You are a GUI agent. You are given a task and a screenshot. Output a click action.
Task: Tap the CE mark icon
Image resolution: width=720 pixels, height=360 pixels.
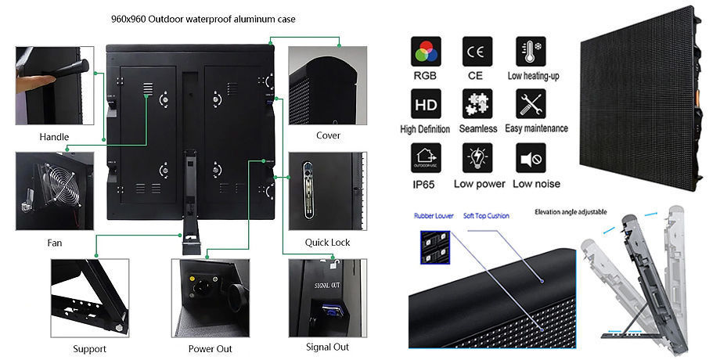476,52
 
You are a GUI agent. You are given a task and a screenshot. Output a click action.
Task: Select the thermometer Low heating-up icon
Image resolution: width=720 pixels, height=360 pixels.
530,52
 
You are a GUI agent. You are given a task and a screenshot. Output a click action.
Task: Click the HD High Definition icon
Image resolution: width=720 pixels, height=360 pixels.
425,103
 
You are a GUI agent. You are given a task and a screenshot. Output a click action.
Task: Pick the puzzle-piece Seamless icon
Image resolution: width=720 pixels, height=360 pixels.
477,103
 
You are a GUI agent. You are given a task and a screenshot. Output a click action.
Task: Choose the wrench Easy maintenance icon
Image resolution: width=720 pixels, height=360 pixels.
531,103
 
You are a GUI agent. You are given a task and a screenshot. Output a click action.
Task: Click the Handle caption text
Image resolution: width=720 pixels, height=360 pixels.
54,137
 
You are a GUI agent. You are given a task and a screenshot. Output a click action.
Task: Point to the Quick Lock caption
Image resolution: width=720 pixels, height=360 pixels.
327,243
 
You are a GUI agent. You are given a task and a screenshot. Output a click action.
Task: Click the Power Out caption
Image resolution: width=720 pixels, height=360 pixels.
210,348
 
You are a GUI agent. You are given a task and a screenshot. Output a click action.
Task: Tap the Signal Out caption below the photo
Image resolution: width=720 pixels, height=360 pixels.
327,347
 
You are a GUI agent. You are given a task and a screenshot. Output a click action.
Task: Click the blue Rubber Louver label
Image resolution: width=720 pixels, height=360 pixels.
433,214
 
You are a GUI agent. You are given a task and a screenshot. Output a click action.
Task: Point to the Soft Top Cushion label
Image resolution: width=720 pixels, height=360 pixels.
487,214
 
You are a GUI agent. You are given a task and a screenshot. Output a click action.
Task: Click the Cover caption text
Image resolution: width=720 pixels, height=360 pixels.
327,135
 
